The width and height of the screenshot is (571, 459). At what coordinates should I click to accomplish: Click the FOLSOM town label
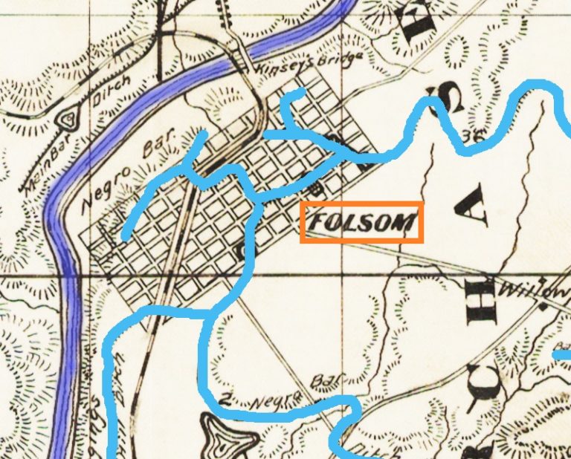pyautogui.click(x=362, y=222)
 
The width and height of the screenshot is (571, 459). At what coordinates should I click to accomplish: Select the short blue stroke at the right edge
pyautogui.click(x=562, y=356)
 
